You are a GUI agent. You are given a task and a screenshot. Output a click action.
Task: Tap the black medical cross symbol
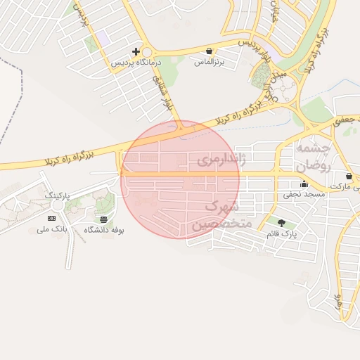point(136,52)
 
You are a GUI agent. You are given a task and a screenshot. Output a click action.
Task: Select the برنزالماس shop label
point(210,62)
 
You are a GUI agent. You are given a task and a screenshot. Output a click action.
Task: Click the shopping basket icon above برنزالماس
point(210,51)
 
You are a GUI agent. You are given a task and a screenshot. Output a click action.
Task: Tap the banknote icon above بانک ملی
point(51,219)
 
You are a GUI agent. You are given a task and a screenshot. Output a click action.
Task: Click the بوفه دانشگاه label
point(104,230)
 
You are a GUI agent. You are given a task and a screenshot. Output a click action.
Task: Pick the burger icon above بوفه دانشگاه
point(104,219)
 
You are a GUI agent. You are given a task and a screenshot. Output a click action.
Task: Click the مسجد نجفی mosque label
point(304,191)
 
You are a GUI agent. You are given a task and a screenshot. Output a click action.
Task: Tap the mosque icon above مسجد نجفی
point(304,184)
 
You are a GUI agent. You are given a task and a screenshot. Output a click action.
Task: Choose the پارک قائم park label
point(282,232)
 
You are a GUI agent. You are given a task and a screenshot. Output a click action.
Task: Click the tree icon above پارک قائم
point(282,223)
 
